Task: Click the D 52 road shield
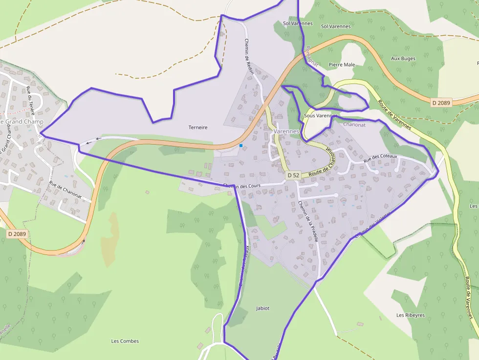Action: (x=293, y=175)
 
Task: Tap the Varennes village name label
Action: (x=286, y=131)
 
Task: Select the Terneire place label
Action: (x=198, y=127)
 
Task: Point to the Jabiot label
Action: (x=262, y=308)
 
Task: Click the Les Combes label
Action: (x=125, y=341)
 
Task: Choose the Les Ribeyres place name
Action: (x=411, y=315)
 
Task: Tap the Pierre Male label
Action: (x=342, y=64)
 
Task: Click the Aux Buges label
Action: (x=403, y=59)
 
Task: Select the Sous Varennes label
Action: (x=320, y=116)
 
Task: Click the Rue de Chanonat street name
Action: (x=70, y=191)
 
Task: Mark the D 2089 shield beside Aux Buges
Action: (x=441, y=103)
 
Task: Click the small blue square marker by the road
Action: (x=241, y=146)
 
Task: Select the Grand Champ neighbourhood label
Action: (x=22, y=122)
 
